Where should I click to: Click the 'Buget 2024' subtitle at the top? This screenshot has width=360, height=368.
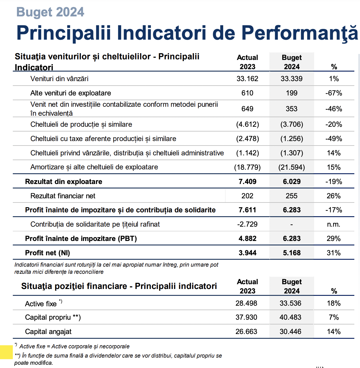50,12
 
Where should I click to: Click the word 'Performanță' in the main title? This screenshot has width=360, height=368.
300,33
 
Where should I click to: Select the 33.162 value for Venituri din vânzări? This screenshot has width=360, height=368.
247,79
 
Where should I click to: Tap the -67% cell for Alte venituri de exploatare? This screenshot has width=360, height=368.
334,93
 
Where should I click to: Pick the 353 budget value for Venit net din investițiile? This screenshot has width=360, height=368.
291,109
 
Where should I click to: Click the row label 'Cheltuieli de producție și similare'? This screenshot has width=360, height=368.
81,125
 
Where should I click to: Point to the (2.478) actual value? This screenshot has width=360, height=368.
248,139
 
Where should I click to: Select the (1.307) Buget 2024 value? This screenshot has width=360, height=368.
292,153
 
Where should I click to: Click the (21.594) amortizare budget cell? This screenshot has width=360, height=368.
292,167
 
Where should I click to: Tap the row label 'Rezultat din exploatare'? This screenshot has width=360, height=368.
63,182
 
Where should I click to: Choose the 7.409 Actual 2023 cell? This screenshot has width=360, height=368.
248,182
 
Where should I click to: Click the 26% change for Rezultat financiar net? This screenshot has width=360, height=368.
334,196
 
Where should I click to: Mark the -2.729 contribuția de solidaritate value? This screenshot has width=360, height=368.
247,224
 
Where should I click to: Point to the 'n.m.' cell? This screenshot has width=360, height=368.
334,224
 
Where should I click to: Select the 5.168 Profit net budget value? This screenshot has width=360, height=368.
292,253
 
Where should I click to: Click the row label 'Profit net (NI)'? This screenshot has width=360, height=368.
47,253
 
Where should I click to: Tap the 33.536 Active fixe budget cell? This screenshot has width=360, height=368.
291,303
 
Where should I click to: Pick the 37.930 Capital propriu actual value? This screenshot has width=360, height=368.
246,317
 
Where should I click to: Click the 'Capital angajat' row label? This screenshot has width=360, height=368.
48,332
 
